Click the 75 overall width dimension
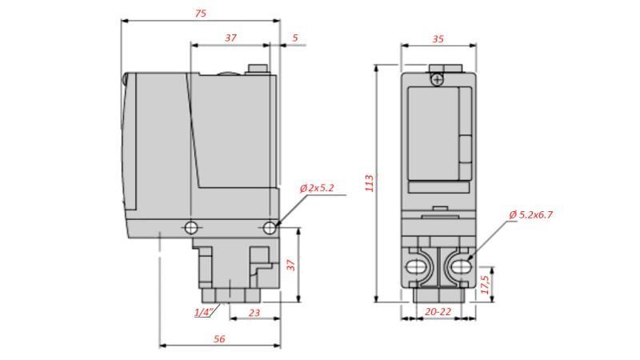[x=201, y=13]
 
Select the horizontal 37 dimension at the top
[x=230, y=38]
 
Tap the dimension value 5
[x=294, y=38]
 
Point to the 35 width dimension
[x=438, y=38]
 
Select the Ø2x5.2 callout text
[x=318, y=188]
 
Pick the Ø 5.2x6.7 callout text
[x=531, y=214]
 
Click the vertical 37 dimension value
[x=293, y=263]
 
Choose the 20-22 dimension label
[x=437, y=311]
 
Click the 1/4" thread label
[x=204, y=312]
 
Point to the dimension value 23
[x=254, y=313]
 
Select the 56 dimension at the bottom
[x=219, y=338]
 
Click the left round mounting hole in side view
[x=190, y=228]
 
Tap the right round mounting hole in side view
[x=270, y=228]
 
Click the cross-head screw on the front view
[x=437, y=78]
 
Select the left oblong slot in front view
[x=416, y=264]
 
